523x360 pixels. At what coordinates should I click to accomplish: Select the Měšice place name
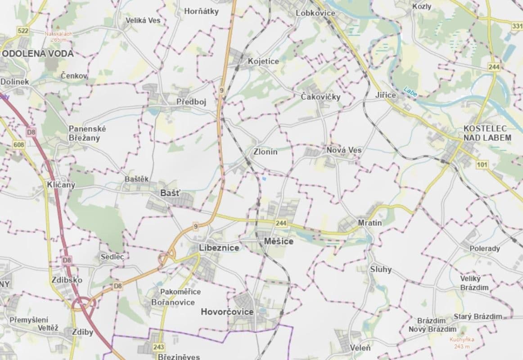tap(279, 241)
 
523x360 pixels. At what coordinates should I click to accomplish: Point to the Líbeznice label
tap(219, 248)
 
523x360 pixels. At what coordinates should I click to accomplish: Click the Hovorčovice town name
tap(227, 312)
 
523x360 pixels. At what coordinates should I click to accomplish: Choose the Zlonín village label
tap(266, 152)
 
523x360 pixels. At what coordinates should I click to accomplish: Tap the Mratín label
tap(370, 223)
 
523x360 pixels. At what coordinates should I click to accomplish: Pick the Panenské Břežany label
tap(87, 133)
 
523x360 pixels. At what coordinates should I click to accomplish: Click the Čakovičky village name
tap(320, 97)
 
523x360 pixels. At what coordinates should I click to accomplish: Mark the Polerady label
tap(485, 249)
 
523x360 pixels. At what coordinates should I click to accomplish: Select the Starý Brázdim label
tap(478, 316)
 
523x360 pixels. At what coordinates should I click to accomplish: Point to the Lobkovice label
tap(316, 13)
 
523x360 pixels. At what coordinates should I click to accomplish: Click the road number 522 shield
tap(23, 31)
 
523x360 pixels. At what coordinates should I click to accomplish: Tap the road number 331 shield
tap(517, 27)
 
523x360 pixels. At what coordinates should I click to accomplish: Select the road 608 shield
tap(18, 144)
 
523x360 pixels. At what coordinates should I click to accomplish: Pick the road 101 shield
tap(482, 165)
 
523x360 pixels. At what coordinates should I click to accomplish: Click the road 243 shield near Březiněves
tap(158, 347)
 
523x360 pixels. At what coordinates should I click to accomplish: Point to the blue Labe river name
tap(410, 92)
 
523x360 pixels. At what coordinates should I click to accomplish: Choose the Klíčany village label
tap(61, 184)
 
